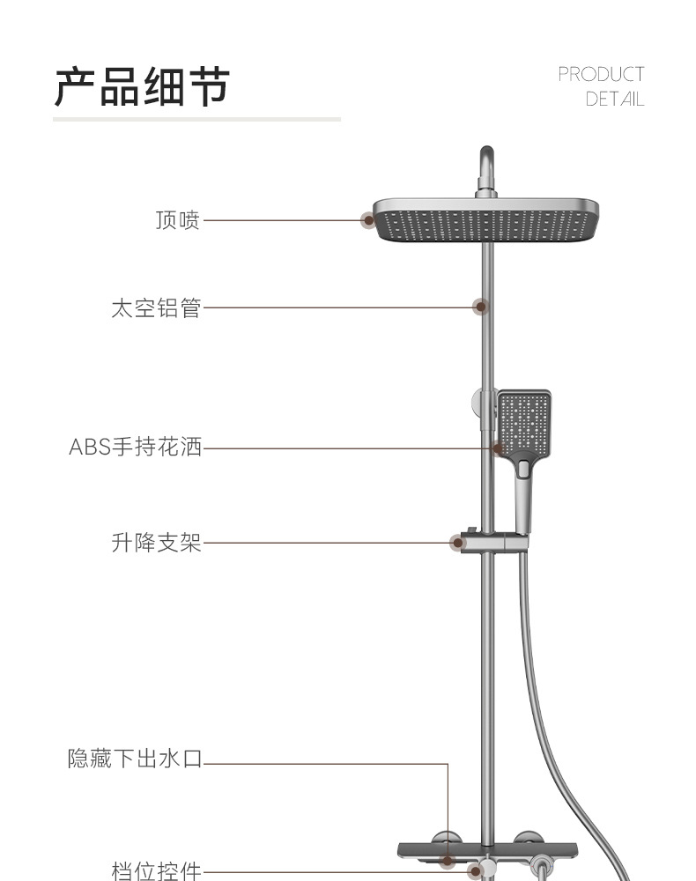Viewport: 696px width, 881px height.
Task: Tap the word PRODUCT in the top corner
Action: [601, 74]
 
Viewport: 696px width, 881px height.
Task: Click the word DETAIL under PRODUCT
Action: [615, 99]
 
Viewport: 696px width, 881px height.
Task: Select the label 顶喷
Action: [178, 219]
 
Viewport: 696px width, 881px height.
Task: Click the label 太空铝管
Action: [156, 307]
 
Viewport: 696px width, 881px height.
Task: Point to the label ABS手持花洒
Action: [136, 448]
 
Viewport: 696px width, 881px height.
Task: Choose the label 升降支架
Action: [157, 543]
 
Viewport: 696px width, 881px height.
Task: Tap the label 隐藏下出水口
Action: [135, 759]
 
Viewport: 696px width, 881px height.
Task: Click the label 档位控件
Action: [157, 870]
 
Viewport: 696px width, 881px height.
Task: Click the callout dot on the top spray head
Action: [368, 219]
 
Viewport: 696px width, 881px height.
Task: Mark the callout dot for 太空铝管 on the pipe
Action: [480, 307]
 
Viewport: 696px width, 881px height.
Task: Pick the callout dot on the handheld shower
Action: [499, 448]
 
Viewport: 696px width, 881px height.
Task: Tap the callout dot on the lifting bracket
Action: [456, 543]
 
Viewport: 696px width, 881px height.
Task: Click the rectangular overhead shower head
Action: [486, 220]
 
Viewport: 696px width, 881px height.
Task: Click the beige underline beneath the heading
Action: [196, 119]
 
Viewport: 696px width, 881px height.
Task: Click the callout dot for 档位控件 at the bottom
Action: [477, 870]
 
